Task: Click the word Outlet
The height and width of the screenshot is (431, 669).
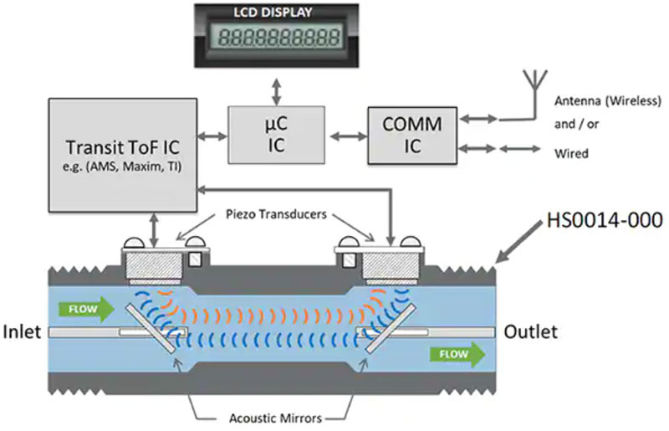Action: tap(530, 332)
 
